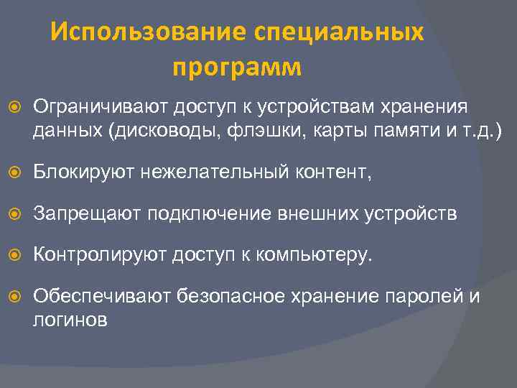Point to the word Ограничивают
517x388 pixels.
[97, 108]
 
